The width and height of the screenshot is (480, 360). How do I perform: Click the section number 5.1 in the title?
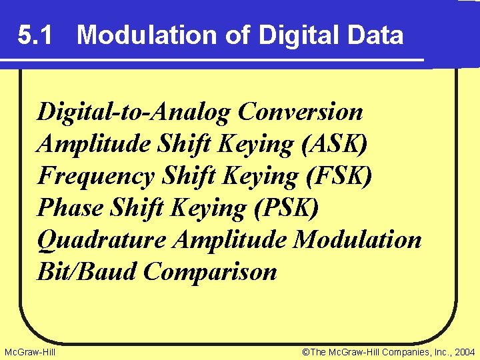pyautogui.click(x=36, y=35)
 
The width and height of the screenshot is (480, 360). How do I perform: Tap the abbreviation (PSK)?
pyautogui.click(x=287, y=208)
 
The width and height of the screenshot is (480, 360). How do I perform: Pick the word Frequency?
pyautogui.click(x=99, y=176)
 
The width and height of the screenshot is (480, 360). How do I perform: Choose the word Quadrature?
pyautogui.click(x=101, y=239)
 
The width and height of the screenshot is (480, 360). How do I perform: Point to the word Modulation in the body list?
pyautogui.click(x=358, y=239)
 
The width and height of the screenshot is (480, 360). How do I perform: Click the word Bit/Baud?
pyautogui.click(x=87, y=271)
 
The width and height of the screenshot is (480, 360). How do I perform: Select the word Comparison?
pyautogui.click(x=210, y=271)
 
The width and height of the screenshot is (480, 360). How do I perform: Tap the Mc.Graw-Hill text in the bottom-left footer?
pyautogui.click(x=29, y=351)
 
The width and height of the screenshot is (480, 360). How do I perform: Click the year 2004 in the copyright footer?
pyautogui.click(x=463, y=351)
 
